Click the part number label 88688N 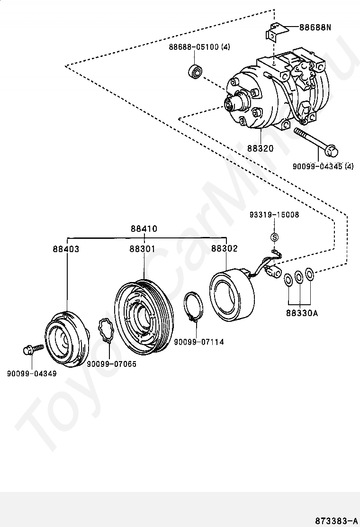[315, 27]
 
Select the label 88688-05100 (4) [199, 47]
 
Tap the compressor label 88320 [261, 148]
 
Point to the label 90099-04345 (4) [323, 166]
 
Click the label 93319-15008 [274, 214]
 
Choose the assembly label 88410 [144, 228]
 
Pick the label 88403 [66, 249]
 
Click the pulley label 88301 [143, 249]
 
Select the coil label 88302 [225, 248]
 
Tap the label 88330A [302, 313]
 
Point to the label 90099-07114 [199, 342]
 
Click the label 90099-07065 [112, 364]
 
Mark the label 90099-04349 [32, 373]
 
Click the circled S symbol [274, 237]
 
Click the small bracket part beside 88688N [278, 32]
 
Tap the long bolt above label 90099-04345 [316, 142]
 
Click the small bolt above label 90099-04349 [33, 349]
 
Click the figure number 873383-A [336, 521]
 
